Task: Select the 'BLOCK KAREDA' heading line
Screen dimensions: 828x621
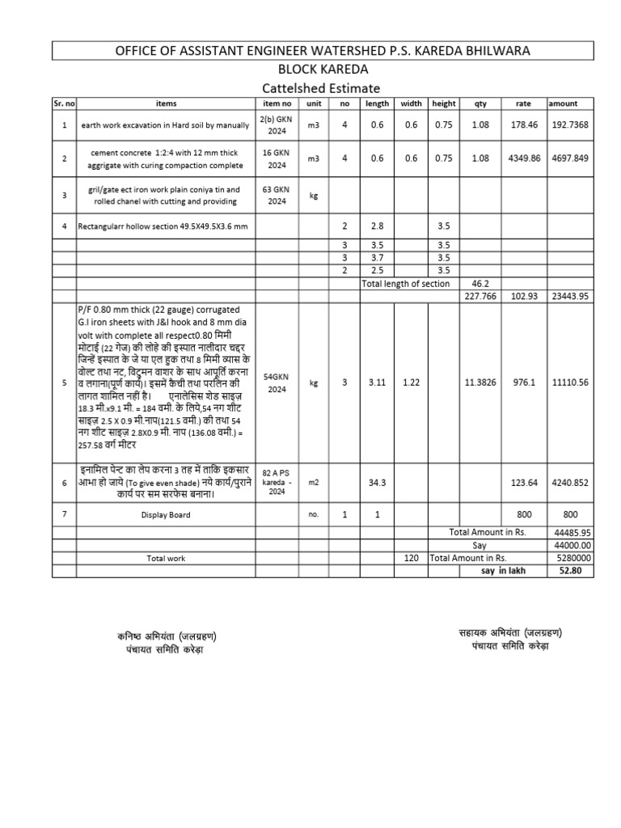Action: pos(322,70)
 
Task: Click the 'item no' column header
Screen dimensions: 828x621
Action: pos(277,103)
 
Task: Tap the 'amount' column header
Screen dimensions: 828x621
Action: pos(563,103)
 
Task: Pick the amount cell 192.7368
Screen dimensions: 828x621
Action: pos(571,126)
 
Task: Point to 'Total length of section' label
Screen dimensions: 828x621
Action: pos(405,284)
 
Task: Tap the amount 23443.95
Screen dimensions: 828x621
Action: pos(571,296)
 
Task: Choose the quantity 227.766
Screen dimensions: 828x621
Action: pos(480,296)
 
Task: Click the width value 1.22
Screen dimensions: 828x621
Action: pos(412,382)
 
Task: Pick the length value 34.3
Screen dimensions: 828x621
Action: pos(378,483)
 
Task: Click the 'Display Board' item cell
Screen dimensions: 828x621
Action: pos(165,514)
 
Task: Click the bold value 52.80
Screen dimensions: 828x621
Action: pos(570,571)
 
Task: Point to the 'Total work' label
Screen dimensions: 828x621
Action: pos(166,559)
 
